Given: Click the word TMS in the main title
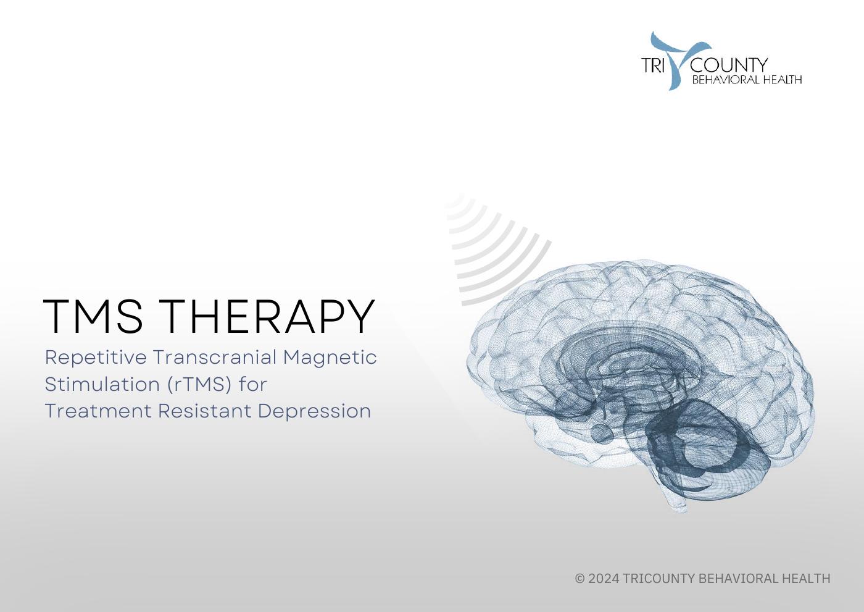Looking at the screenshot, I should click(93, 316).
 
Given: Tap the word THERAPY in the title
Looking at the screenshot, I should click(270, 316).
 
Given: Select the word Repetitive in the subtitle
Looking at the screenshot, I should click(96, 358).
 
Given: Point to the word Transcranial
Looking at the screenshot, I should click(214, 358).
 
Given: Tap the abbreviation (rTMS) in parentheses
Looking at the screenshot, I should click(199, 384).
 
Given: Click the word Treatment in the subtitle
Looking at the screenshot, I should click(98, 411).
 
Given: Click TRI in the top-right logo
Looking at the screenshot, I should click(652, 65).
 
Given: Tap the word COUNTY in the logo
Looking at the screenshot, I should click(729, 65).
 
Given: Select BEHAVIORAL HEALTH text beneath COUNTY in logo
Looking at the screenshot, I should click(747, 80).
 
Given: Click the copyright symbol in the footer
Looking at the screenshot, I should click(579, 579).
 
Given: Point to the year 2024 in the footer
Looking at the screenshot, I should click(604, 579).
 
